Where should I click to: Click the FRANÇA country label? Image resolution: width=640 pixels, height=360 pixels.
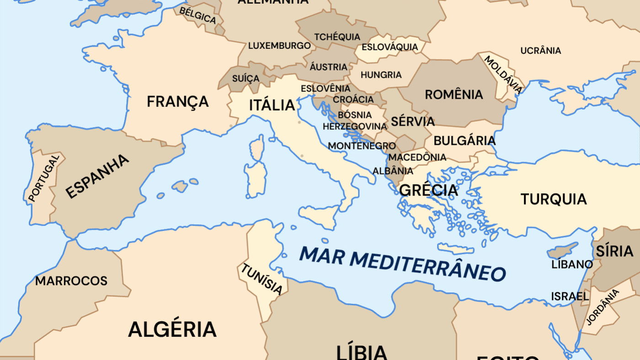[x=177, y=101]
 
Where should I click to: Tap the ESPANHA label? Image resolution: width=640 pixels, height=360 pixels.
[x=97, y=176]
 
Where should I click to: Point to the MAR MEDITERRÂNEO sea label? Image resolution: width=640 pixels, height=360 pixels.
[x=402, y=264]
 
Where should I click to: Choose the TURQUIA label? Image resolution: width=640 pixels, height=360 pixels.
[x=553, y=199]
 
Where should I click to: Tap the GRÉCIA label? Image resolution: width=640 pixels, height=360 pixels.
[x=428, y=190]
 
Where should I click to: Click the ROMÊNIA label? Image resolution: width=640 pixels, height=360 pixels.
[x=453, y=95]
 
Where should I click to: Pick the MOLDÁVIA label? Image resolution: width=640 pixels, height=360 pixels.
[x=503, y=74]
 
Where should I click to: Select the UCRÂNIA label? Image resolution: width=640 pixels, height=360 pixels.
[x=540, y=51]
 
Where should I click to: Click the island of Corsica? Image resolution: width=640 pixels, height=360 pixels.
[x=258, y=147]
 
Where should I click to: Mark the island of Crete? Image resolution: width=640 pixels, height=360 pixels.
[x=455, y=249]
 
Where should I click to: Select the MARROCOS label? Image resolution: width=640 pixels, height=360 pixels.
[x=71, y=281]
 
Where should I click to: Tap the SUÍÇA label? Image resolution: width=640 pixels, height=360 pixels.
[x=245, y=78]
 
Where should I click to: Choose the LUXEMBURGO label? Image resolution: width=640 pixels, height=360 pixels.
[x=279, y=46]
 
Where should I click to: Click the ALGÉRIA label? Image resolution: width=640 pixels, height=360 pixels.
[x=172, y=329]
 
